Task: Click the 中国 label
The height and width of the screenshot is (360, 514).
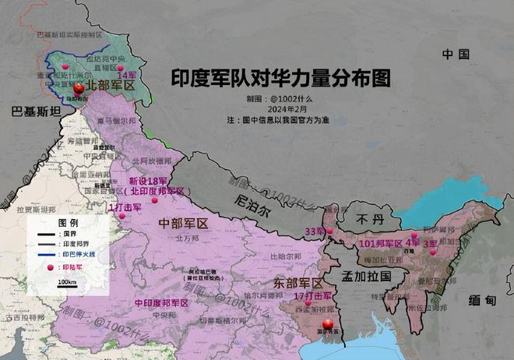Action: tap(456, 54)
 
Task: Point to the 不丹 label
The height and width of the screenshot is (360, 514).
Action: tap(366, 221)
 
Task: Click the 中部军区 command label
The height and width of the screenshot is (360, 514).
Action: tap(184, 224)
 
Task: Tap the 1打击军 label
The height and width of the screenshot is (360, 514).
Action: tap(125, 208)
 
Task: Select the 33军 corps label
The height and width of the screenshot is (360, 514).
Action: tap(315, 231)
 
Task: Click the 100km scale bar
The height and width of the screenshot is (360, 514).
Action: tap(67, 285)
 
